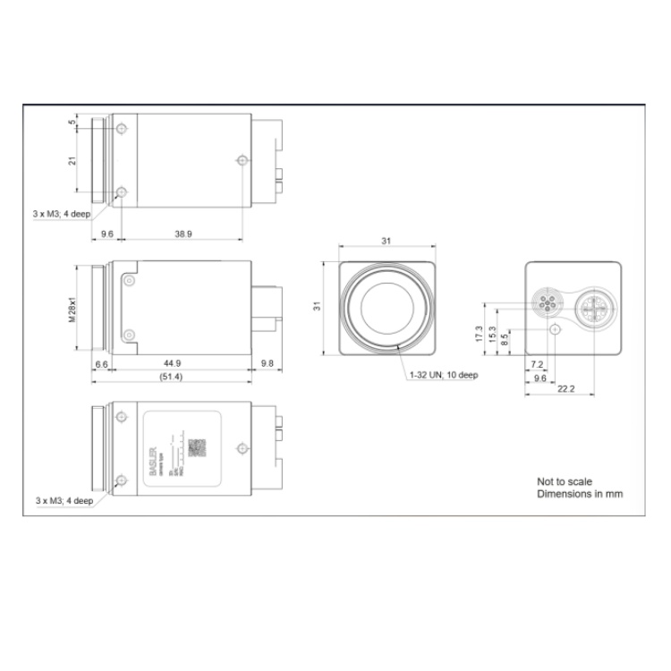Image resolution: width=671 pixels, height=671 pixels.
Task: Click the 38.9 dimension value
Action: tap(183, 234)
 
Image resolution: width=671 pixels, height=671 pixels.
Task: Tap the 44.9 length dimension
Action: tap(174, 364)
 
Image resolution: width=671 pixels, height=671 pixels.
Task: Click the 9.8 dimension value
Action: tap(268, 364)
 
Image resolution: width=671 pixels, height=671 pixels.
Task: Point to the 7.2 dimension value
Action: tap(537, 365)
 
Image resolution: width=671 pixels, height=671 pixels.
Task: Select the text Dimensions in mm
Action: tap(579, 494)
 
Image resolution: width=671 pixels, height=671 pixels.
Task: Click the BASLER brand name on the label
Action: tap(155, 447)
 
